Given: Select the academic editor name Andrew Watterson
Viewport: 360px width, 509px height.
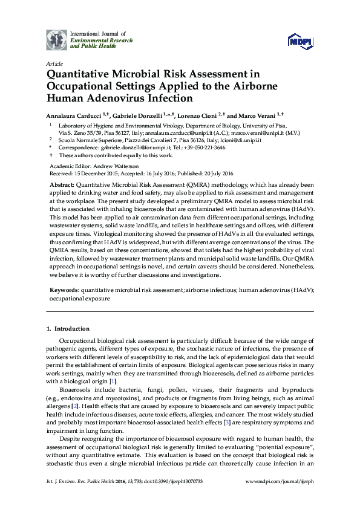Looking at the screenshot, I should pos(114,166).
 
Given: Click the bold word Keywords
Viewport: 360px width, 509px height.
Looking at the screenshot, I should pos(64,290).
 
